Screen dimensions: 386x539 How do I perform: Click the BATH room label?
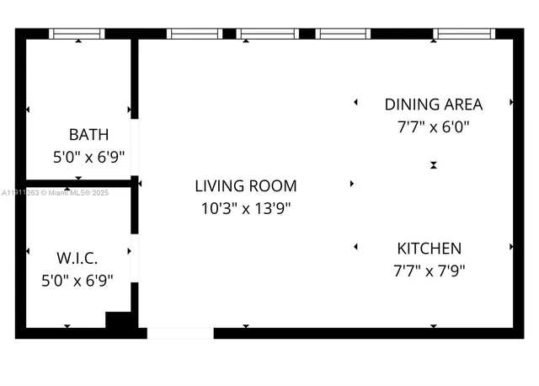click(x=88, y=134)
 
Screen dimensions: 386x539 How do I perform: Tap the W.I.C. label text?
click(x=77, y=258)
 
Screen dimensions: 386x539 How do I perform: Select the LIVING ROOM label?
click(x=245, y=185)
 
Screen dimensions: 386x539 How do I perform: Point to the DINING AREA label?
click(x=433, y=105)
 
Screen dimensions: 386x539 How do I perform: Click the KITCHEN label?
click(x=429, y=249)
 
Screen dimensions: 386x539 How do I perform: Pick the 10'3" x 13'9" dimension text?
click(x=245, y=208)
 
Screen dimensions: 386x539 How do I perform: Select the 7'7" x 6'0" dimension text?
click(x=433, y=127)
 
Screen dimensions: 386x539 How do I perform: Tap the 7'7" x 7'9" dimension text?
click(x=429, y=271)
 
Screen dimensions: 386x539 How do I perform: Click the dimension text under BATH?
click(x=88, y=157)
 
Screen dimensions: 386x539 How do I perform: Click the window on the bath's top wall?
click(x=77, y=34)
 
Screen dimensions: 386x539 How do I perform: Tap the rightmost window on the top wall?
click(x=465, y=34)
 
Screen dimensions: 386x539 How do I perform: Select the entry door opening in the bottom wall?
click(x=180, y=334)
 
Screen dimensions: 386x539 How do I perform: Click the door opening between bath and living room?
click(x=135, y=147)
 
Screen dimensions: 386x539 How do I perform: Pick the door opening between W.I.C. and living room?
click(x=135, y=258)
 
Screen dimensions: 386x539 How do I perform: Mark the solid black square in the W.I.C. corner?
click(x=119, y=320)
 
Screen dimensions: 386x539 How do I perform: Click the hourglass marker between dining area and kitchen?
click(x=433, y=165)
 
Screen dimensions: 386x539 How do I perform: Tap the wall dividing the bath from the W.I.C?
click(x=77, y=182)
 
